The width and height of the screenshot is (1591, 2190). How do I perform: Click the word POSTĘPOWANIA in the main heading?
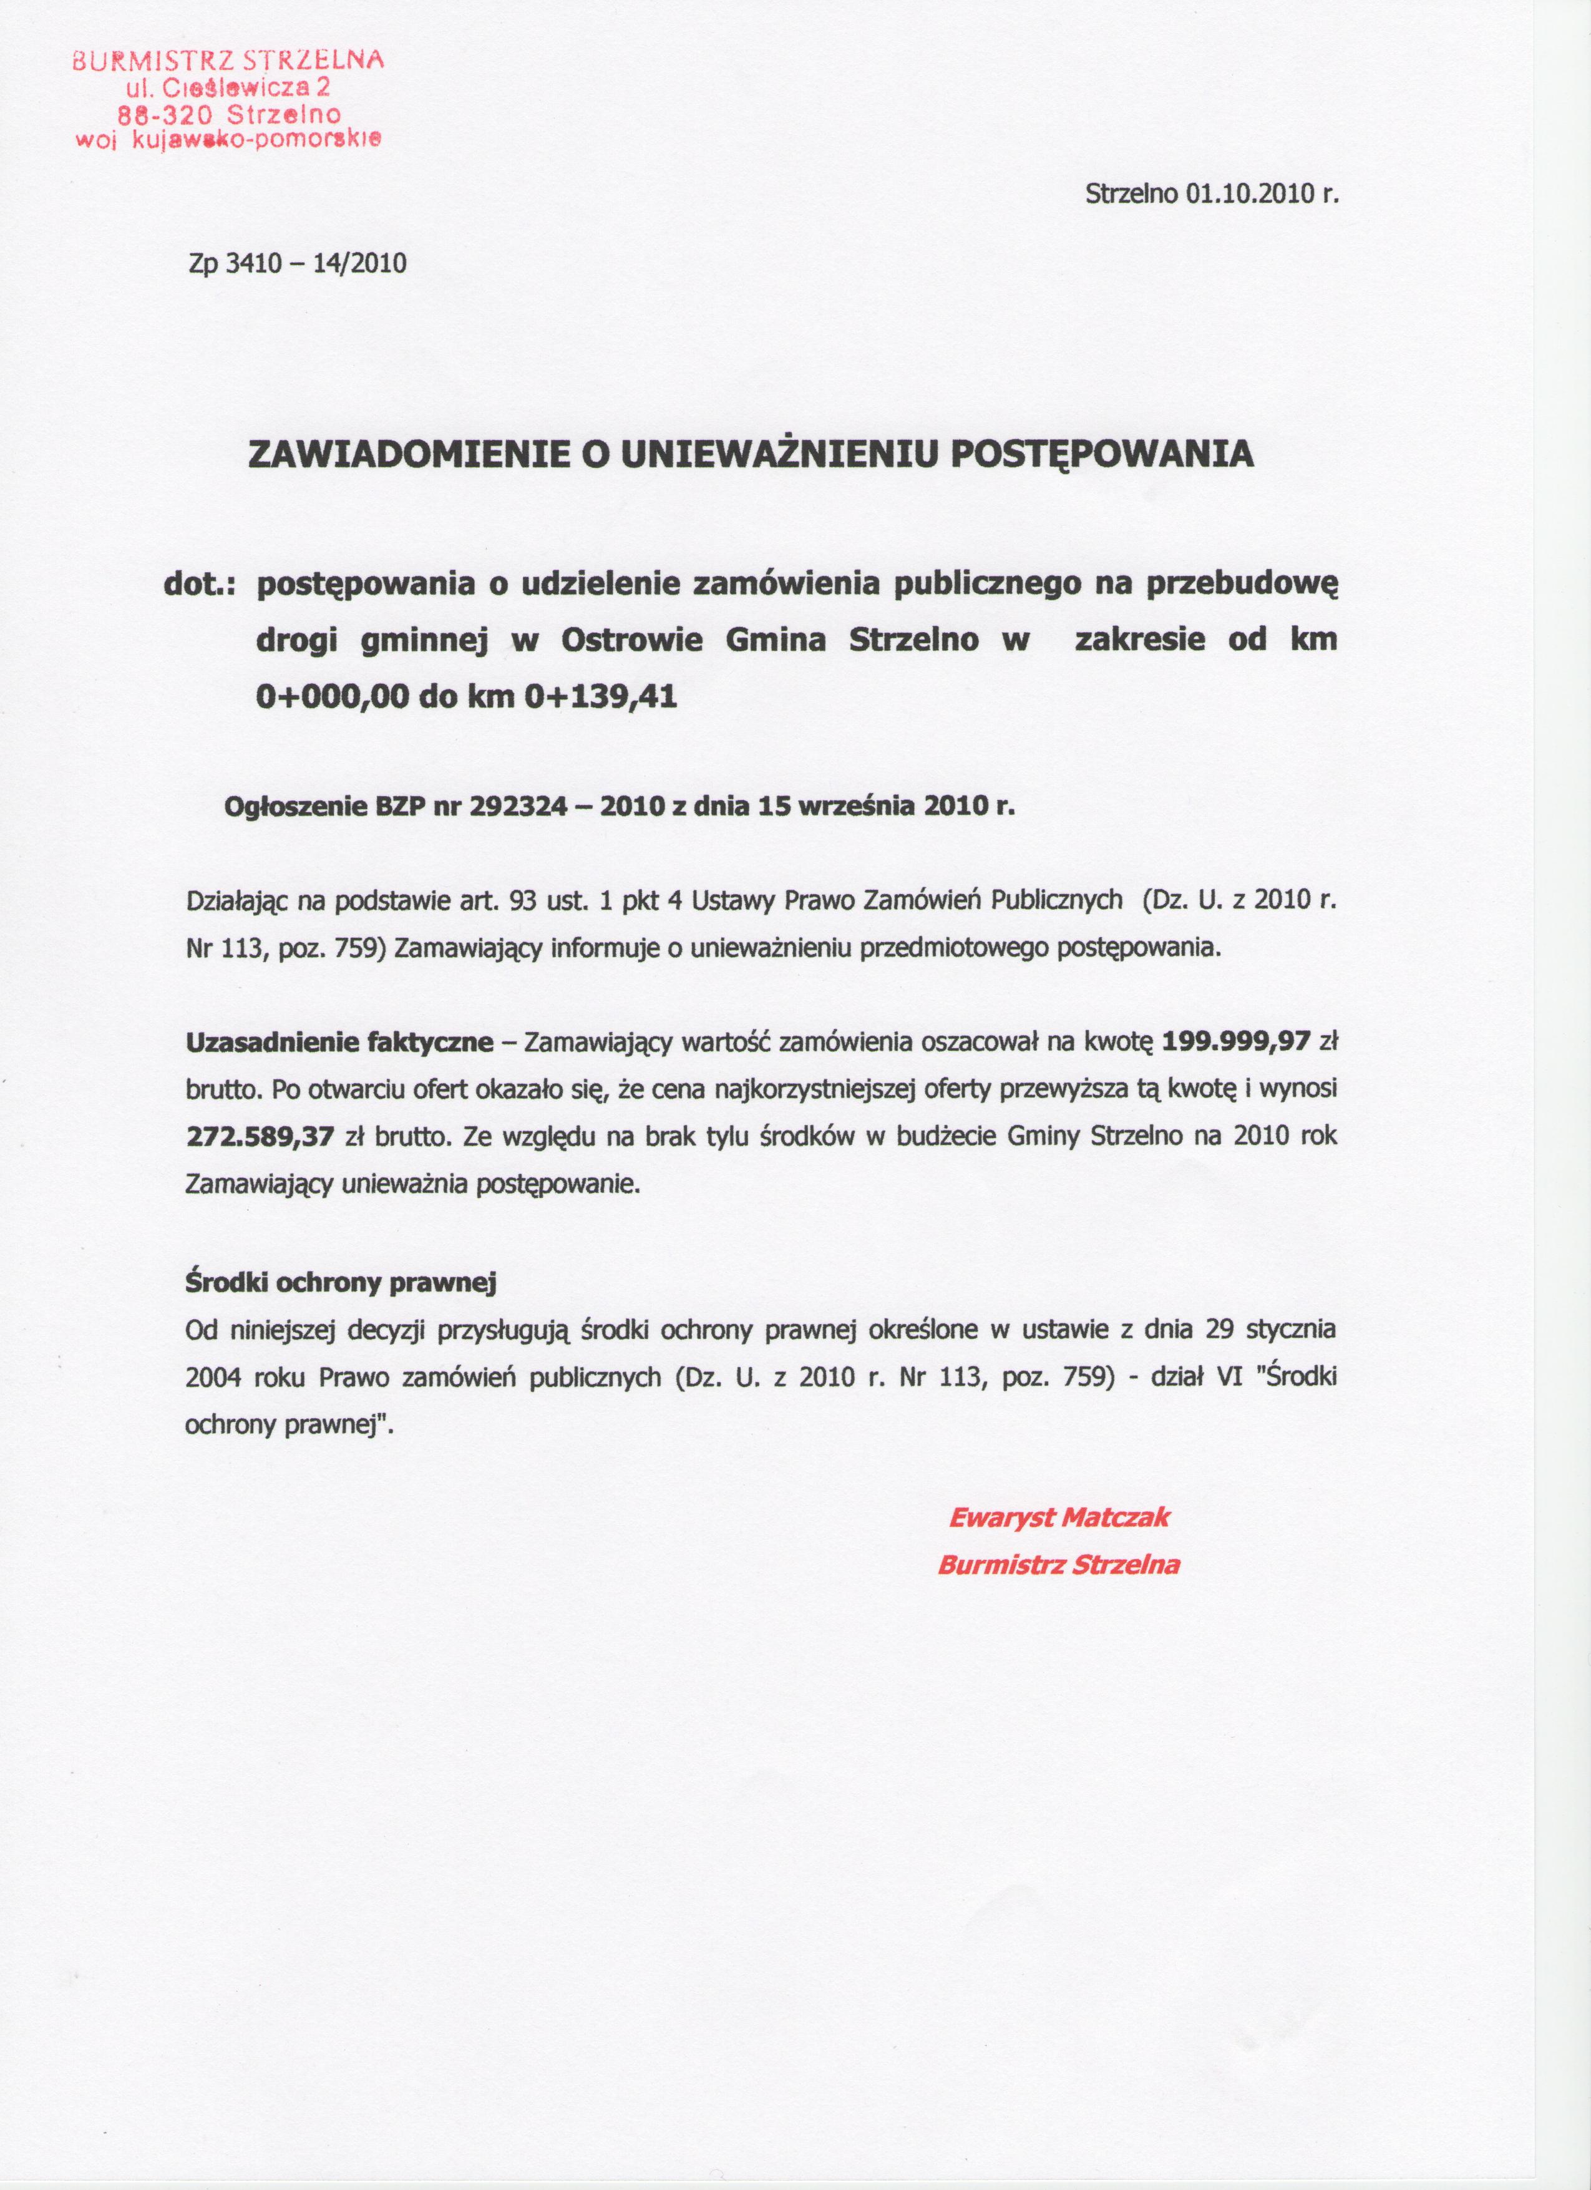[x=1102, y=454]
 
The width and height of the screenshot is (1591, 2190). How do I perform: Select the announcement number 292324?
[x=517, y=805]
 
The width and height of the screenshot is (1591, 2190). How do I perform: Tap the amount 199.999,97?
[x=1236, y=1042]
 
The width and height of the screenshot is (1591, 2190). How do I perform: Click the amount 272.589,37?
[x=259, y=1137]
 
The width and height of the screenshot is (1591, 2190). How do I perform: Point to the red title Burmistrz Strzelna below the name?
[x=1059, y=1565]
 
